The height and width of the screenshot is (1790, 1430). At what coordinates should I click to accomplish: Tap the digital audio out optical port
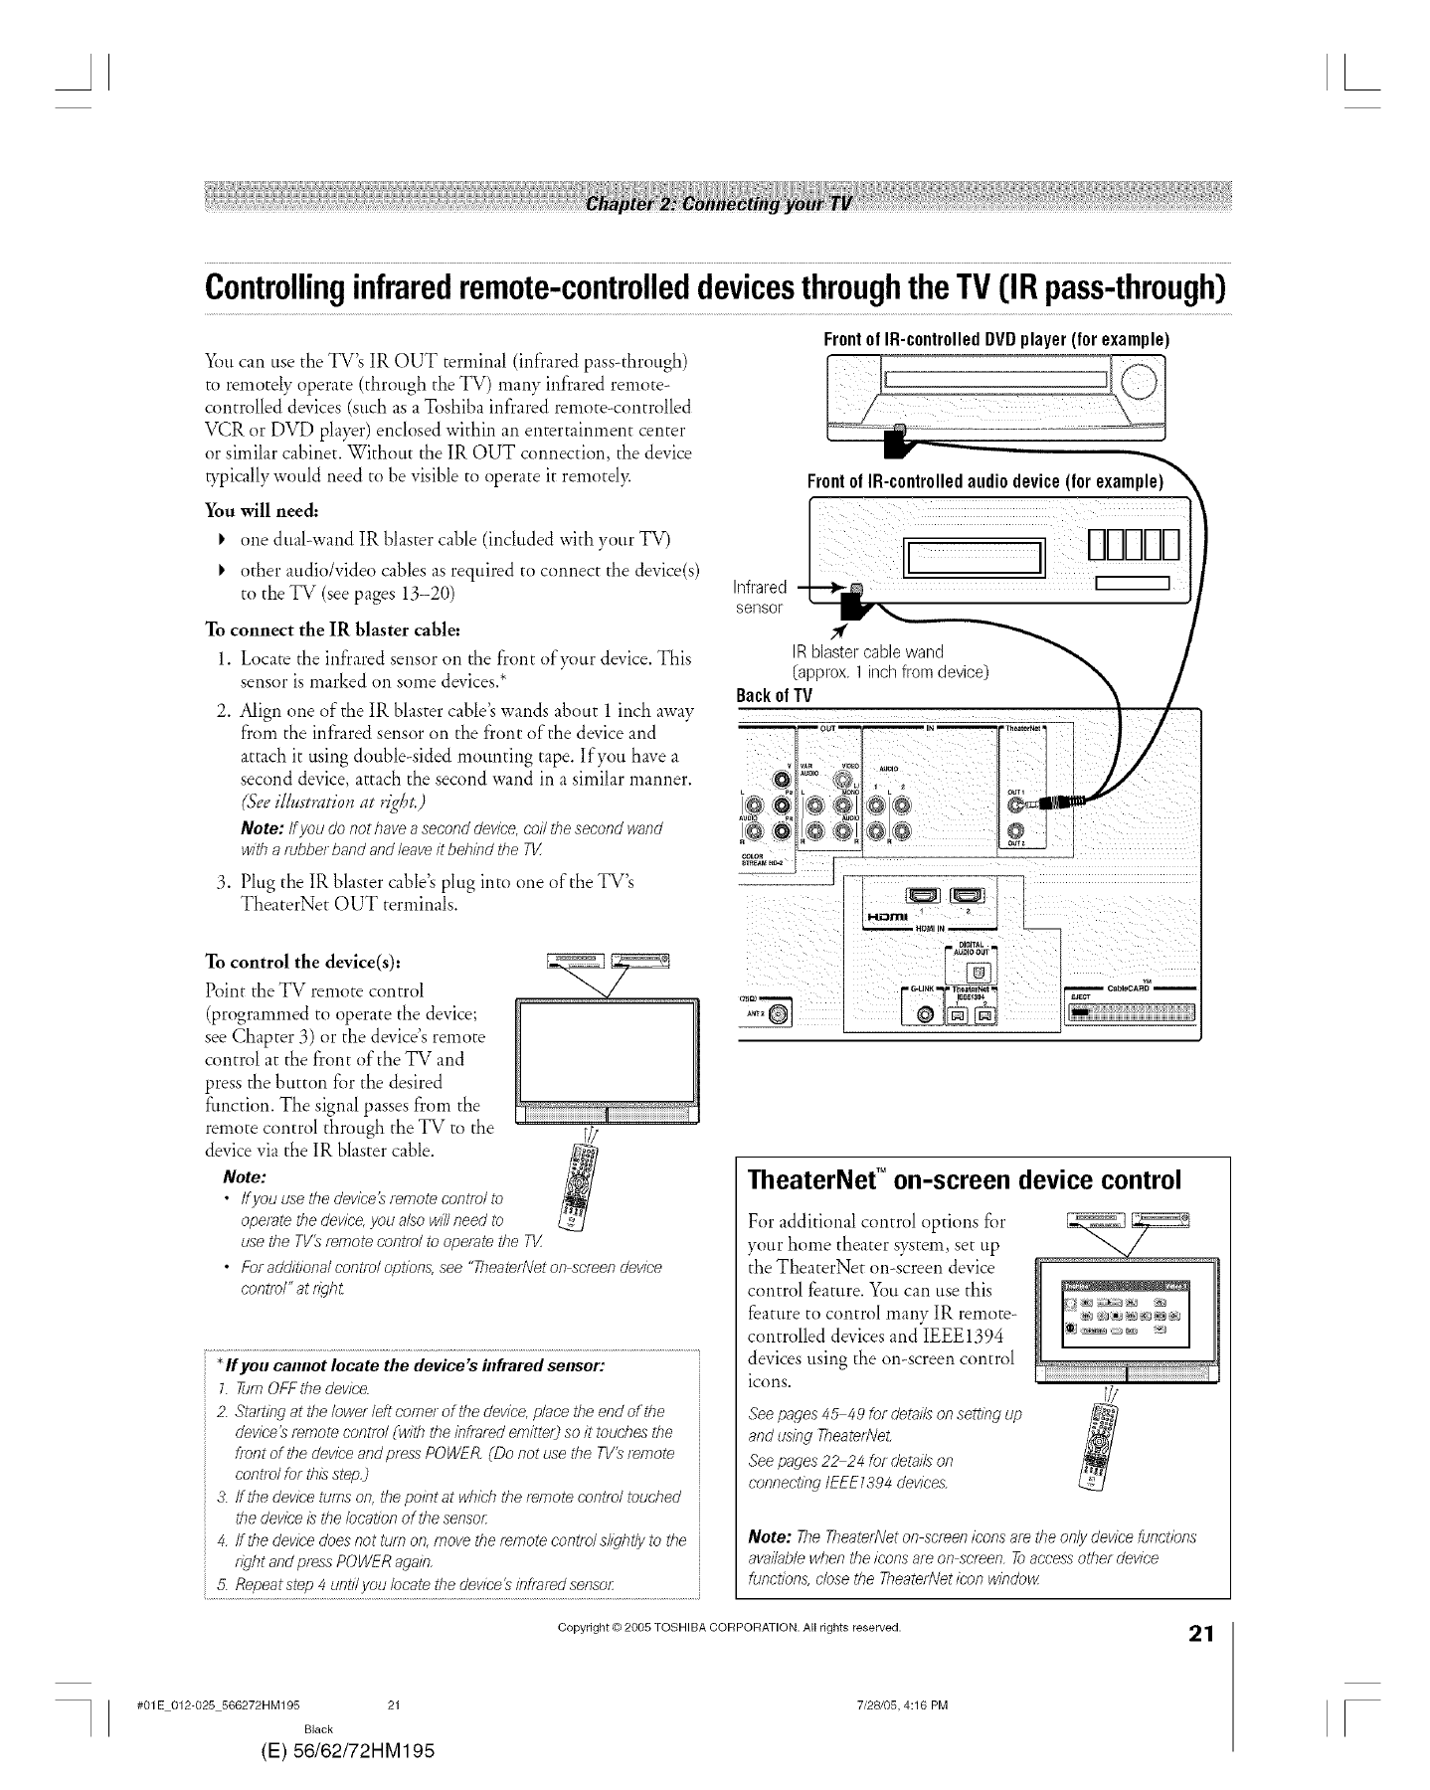(x=976, y=973)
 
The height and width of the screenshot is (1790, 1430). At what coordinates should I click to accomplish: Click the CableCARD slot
(x=1132, y=1014)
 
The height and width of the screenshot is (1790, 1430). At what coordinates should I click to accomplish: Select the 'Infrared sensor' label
(x=760, y=595)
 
